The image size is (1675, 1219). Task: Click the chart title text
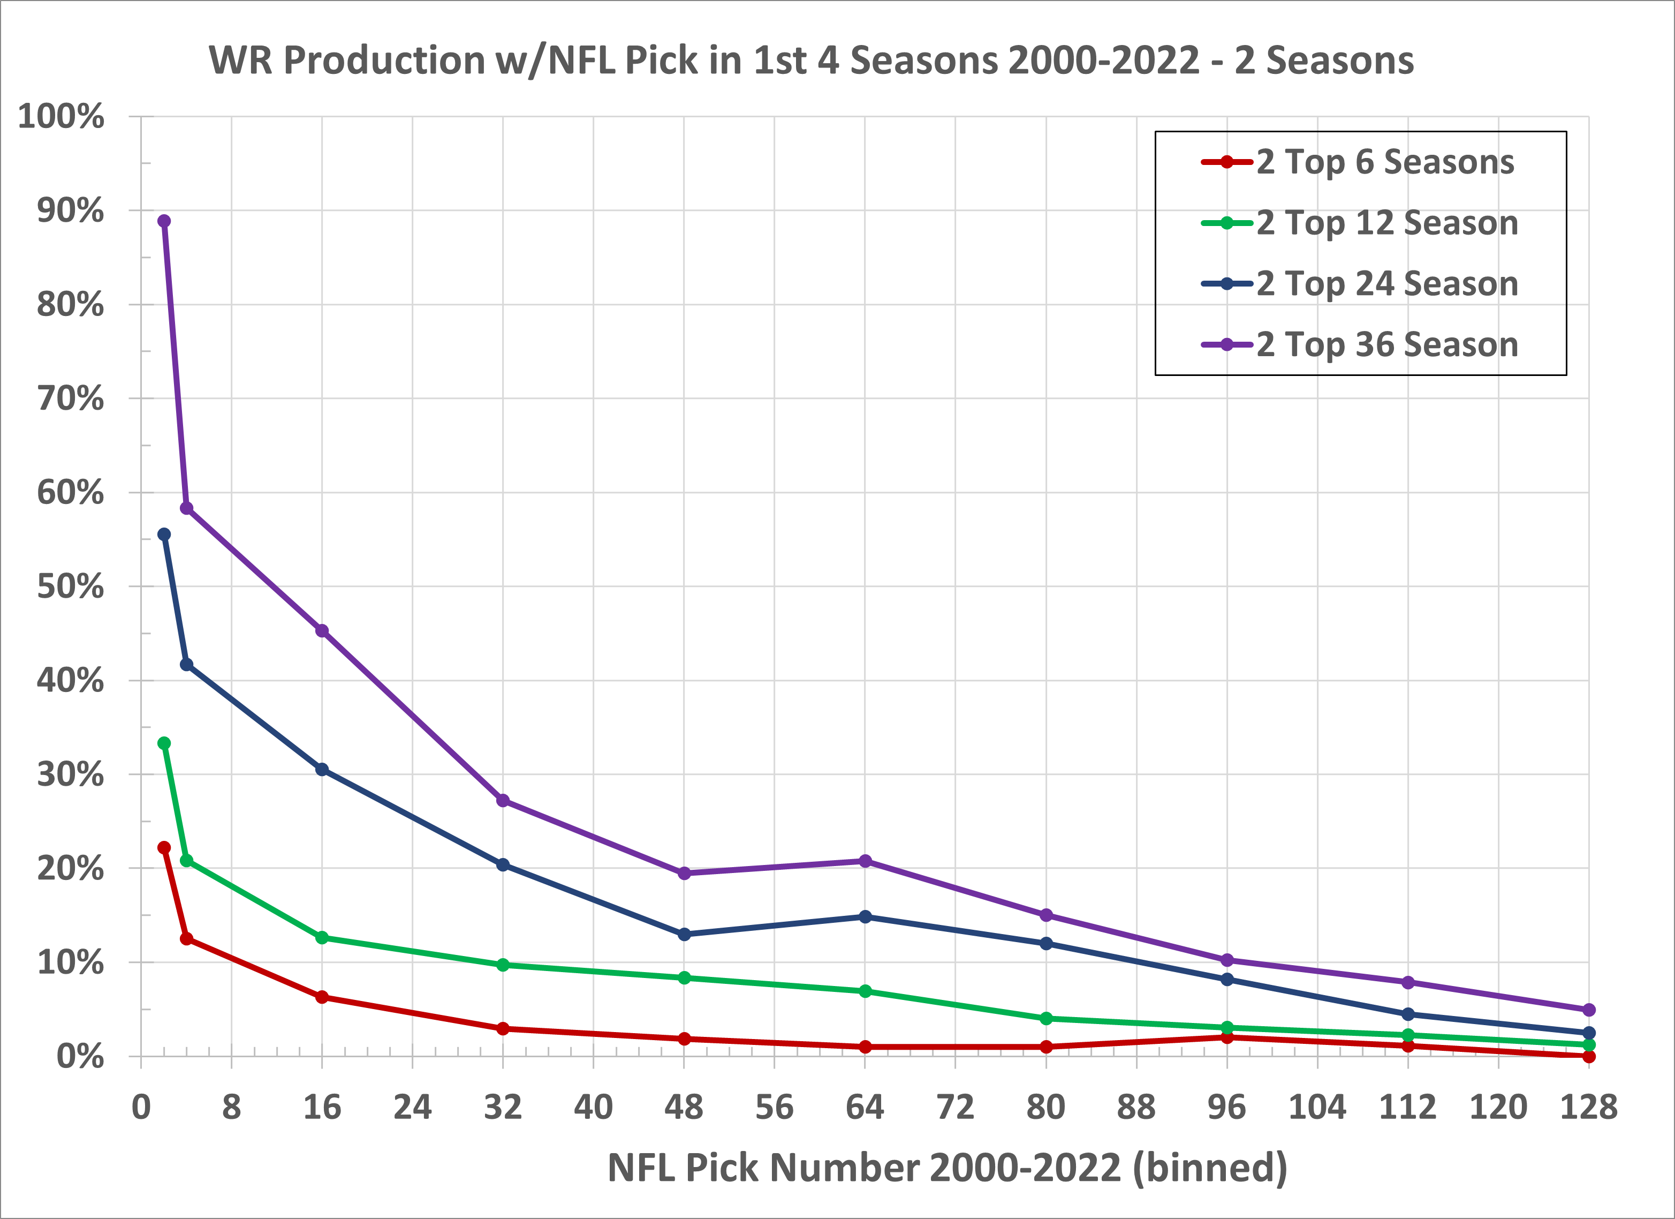[811, 61]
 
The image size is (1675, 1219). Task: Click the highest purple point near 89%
[164, 221]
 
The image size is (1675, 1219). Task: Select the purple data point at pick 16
[322, 631]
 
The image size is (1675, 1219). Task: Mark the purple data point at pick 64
[865, 861]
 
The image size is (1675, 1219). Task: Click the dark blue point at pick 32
[503, 864]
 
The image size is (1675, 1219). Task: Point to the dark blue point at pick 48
[684, 935]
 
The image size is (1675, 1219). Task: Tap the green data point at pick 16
[322, 937]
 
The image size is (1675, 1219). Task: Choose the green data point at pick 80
[1046, 1019]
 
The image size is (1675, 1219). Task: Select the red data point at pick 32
[503, 1028]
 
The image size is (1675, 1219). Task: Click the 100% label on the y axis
[62, 117]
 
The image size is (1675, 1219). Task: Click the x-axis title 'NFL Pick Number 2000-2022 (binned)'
[948, 1168]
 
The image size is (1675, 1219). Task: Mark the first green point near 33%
[164, 743]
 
